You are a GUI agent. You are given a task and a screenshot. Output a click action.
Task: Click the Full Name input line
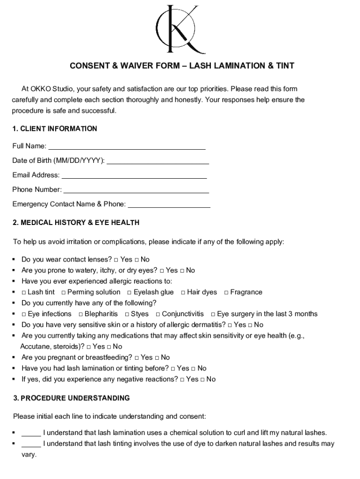coord(127,147)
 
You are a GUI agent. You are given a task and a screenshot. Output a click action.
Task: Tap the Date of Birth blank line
coord(158,161)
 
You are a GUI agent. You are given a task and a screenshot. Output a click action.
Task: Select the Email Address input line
coord(134,176)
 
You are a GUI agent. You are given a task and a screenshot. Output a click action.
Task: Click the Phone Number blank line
coord(136,190)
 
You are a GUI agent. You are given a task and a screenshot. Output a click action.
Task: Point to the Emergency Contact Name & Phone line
coord(169,205)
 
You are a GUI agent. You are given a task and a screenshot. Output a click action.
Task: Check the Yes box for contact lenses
coord(116,260)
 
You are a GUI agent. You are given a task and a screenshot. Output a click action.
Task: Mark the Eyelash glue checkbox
coord(129,292)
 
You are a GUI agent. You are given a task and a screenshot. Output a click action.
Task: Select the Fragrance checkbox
coord(226,292)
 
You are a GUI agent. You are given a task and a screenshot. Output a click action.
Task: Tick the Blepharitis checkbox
coord(81,314)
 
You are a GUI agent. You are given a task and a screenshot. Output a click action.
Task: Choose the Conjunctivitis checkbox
coord(158,314)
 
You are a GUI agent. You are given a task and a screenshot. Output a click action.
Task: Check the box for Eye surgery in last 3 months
coord(213,314)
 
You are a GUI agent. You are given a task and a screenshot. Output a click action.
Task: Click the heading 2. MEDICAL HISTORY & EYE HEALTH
coord(76,223)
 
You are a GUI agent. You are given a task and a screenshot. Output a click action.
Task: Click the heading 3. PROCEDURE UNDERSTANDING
coord(71,398)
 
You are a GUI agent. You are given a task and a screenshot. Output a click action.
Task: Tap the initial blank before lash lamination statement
coord(31,434)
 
